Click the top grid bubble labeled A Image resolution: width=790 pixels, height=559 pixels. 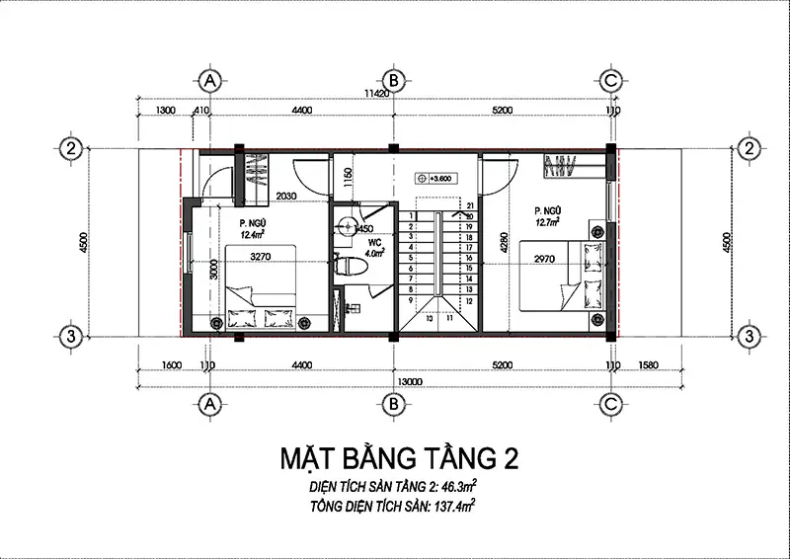coord(208,79)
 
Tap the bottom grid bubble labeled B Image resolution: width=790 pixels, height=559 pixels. coord(393,403)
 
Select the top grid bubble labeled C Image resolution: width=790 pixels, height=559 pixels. coord(611,79)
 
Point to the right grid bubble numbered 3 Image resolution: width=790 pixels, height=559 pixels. coord(750,336)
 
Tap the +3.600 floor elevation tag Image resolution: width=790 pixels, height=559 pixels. coord(434,178)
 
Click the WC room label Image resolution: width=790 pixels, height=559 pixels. coord(374,241)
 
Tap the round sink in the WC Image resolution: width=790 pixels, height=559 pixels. coord(343,226)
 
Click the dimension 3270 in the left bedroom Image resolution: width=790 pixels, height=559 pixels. coord(260,258)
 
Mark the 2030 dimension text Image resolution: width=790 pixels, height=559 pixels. coord(287,196)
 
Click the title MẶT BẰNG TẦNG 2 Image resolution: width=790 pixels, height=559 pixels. coord(397,459)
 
